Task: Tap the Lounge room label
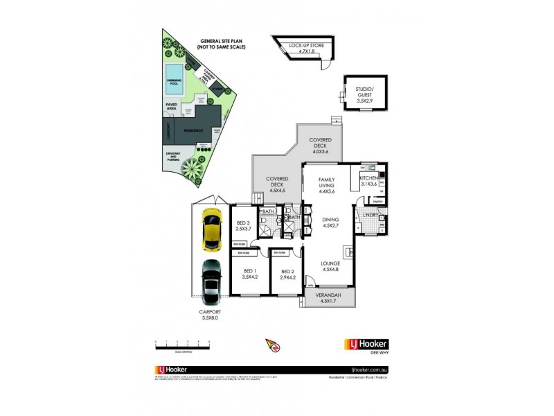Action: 330,267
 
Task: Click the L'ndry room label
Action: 372,215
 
